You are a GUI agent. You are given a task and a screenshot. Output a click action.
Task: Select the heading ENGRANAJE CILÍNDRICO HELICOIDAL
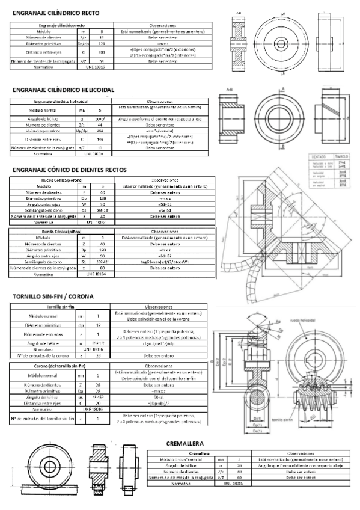point(63,89)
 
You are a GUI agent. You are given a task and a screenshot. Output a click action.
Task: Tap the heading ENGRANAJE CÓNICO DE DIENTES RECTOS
point(70,170)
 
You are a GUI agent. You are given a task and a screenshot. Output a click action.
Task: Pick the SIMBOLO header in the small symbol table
point(341,156)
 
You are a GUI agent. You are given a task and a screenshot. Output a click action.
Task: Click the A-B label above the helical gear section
point(229,89)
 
